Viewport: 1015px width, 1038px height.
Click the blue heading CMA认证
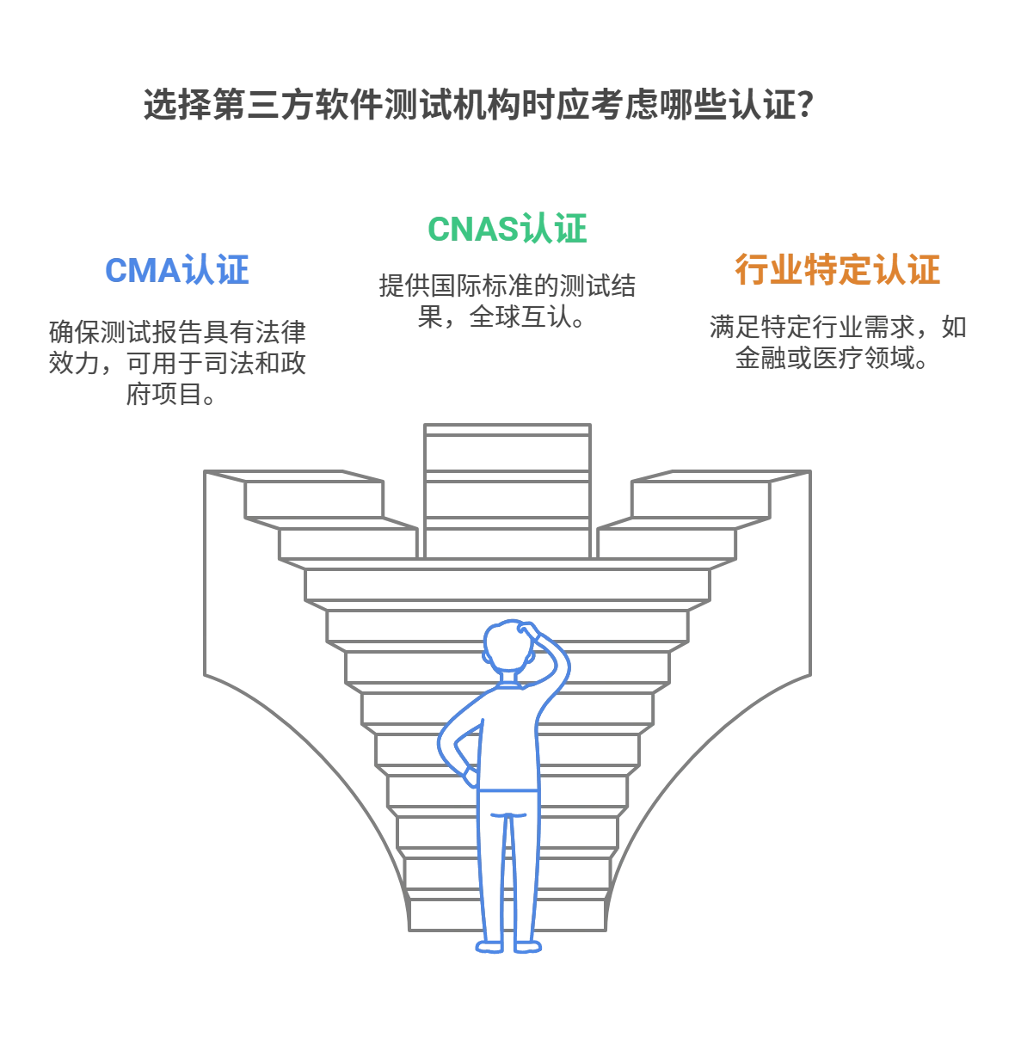click(x=176, y=270)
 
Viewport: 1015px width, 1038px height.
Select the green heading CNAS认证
click(x=507, y=229)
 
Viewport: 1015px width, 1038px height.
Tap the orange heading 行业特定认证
click(x=837, y=269)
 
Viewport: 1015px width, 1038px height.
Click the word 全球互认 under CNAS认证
click(x=520, y=316)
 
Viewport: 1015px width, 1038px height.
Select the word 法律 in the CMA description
click(x=280, y=332)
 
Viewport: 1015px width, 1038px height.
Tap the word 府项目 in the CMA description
click(x=163, y=395)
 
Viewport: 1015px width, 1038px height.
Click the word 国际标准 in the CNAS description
click(x=482, y=286)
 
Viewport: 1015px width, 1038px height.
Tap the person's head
click(x=509, y=646)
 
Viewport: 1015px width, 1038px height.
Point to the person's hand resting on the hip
click(x=471, y=777)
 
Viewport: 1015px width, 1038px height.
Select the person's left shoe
click(x=489, y=948)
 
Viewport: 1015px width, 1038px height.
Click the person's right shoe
click(x=528, y=948)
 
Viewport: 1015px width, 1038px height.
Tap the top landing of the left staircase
click(x=293, y=476)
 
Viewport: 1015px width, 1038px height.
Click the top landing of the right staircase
click(x=721, y=476)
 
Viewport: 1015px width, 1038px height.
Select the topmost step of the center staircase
click(x=507, y=430)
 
